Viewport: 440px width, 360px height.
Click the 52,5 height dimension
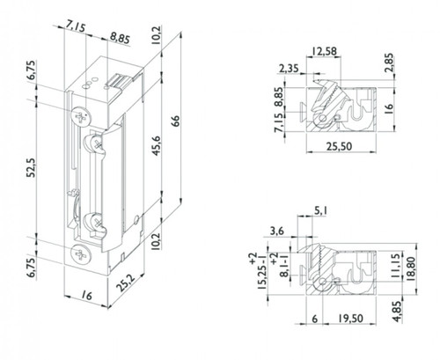32,167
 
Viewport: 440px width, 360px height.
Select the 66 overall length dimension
175,121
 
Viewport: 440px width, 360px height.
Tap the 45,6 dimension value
156,145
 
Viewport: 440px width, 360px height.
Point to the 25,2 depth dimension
126,283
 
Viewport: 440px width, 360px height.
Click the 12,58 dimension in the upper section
324,51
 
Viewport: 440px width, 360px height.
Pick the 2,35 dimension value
289,69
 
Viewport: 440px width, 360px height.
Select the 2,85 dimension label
389,62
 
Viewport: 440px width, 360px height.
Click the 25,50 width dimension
339,146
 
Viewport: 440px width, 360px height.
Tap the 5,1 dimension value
321,210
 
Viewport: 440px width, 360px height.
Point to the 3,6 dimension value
277,231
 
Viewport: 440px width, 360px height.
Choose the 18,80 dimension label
411,269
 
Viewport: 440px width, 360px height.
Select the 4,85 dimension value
397,312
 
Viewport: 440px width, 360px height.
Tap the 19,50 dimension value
350,319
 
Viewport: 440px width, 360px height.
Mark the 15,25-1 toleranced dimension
258,271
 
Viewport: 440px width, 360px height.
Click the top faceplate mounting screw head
81,117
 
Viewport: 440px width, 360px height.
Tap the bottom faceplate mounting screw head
81,254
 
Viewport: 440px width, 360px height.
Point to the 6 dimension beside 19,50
314,319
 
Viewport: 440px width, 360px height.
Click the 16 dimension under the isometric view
86,296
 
